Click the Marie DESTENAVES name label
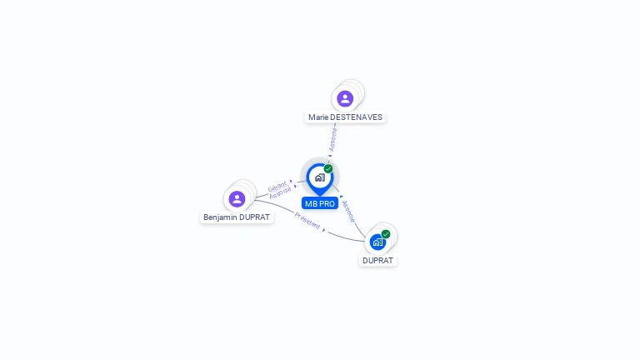(345, 117)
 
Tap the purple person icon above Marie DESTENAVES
(345, 99)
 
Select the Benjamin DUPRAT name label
(237, 217)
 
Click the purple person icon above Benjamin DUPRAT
(237, 199)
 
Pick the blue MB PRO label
(320, 203)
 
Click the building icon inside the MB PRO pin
(319, 177)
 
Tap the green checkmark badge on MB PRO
(328, 169)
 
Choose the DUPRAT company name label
(378, 260)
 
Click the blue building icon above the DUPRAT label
(377, 242)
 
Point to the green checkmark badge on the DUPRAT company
(386, 234)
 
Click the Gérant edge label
(277, 186)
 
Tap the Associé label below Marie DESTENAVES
(333, 139)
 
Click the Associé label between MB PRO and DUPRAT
(348, 210)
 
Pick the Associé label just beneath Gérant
(280, 192)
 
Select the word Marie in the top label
(317, 117)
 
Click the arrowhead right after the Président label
(323, 229)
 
